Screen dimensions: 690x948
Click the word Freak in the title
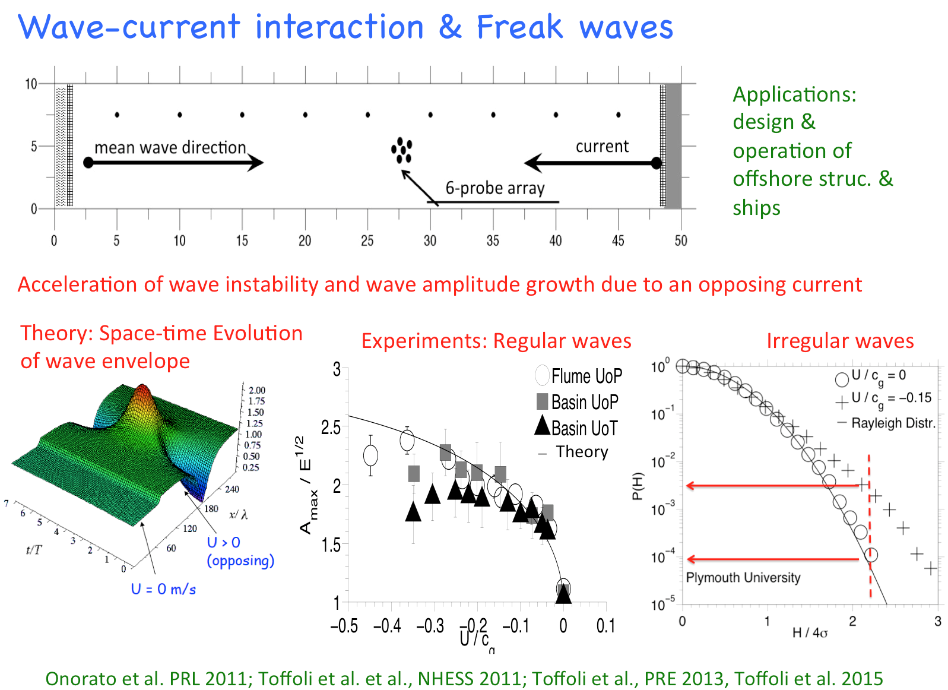coord(519,27)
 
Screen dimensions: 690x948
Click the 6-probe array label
coord(494,188)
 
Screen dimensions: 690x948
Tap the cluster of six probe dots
coord(402,150)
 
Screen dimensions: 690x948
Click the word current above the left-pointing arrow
coord(601,146)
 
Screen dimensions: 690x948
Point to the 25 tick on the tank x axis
coord(367,240)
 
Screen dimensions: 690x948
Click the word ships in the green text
coord(756,208)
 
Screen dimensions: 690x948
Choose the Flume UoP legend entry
coord(579,376)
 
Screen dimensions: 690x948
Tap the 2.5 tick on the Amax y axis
coord(331,427)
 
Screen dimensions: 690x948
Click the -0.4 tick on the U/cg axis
coord(387,626)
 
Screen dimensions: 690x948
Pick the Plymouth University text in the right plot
coord(743,577)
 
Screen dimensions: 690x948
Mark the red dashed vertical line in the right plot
coord(870,523)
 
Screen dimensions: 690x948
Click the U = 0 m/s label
coord(163,589)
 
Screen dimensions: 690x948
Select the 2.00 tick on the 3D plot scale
coord(256,390)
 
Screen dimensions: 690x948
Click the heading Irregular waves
coord(839,341)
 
